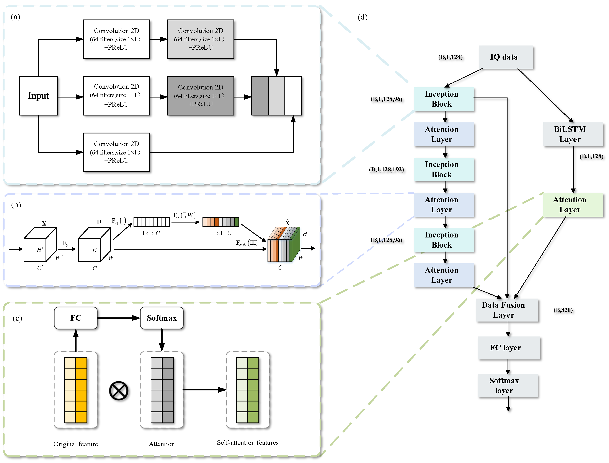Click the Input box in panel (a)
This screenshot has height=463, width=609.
point(38,96)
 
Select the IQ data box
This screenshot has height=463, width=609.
point(506,57)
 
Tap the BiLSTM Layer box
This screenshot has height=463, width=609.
point(573,134)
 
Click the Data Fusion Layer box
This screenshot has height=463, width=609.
point(507,310)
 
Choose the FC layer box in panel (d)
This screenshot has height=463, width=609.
point(509,348)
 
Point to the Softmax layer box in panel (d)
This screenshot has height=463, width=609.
point(508,386)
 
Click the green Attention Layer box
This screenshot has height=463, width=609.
point(573,205)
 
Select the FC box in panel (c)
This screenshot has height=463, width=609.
point(76,318)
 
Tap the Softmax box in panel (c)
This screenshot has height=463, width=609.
point(162,318)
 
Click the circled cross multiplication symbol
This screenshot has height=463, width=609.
point(119,391)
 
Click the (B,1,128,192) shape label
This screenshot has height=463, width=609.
point(386,169)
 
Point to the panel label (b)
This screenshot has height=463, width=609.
point(16,205)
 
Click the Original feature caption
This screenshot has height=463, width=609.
point(76,444)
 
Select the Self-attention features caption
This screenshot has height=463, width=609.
point(247,443)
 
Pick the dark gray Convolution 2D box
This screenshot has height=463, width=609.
point(201,96)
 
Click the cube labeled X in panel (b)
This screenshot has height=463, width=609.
point(40,245)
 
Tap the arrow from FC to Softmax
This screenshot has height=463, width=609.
point(119,318)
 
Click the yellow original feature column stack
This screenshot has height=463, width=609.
point(76,390)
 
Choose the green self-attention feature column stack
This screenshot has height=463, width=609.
point(247,390)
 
